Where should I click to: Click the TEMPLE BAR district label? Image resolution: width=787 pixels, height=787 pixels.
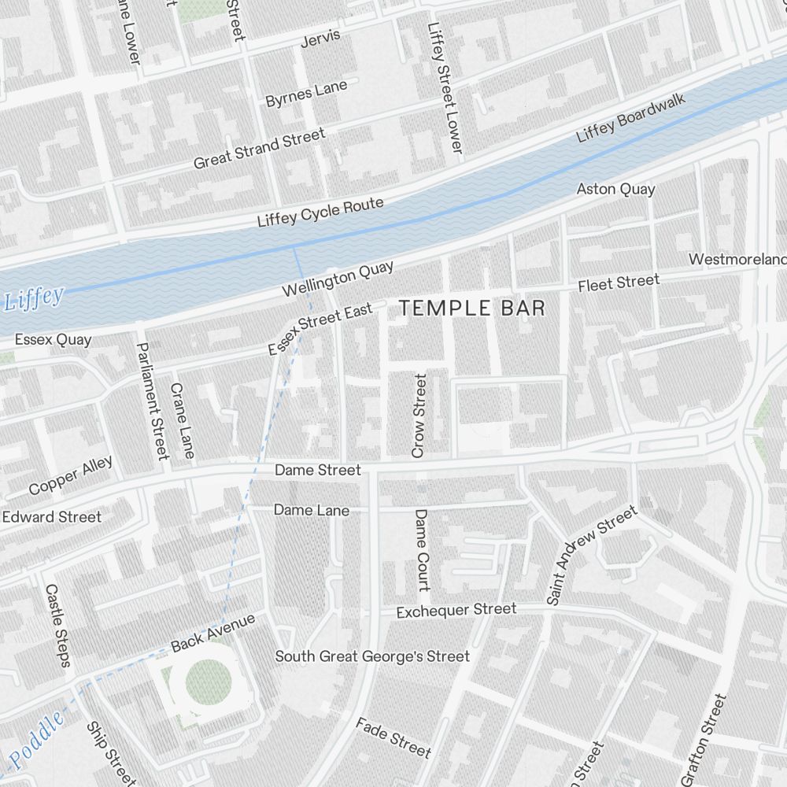471,308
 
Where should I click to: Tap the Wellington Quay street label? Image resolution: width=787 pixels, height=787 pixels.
338,279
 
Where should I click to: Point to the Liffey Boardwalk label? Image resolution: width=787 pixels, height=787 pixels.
631,118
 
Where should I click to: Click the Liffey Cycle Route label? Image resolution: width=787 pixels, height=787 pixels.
320,212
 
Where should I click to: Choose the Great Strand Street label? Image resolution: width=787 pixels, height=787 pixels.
259,149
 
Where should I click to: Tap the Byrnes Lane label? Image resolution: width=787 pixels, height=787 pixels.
306,94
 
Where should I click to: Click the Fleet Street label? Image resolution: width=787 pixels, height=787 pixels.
619,283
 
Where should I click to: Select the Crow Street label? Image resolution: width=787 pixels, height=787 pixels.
419,416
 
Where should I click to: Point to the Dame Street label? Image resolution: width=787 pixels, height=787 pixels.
317,470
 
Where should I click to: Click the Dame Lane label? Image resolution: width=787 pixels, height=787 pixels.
311,510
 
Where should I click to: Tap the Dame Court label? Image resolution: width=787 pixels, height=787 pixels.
422,549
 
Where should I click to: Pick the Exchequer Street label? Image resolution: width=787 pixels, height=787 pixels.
456,610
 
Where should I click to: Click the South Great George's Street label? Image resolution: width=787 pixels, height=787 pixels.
371,656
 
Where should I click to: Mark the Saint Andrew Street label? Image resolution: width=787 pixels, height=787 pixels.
591,556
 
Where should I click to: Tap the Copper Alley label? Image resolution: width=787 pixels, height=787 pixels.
71,475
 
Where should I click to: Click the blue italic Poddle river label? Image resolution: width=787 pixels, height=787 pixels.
36,742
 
